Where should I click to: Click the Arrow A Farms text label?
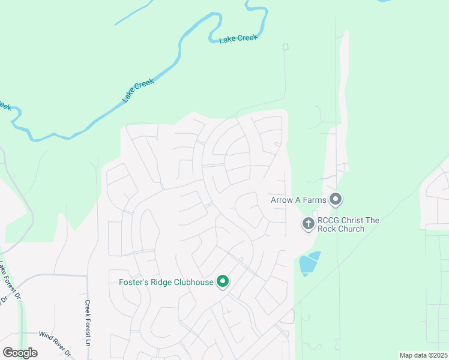(298, 199)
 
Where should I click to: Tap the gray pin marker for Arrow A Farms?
(336, 199)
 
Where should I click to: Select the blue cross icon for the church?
(309, 224)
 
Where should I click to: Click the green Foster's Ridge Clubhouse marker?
(223, 281)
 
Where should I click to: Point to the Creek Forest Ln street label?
(88, 323)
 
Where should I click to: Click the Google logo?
(20, 352)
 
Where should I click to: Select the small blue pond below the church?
(309, 263)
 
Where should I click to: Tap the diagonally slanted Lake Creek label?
(138, 90)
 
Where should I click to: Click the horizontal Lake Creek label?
(238, 38)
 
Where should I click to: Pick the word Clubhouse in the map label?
(193, 282)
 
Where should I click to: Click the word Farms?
(314, 199)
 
